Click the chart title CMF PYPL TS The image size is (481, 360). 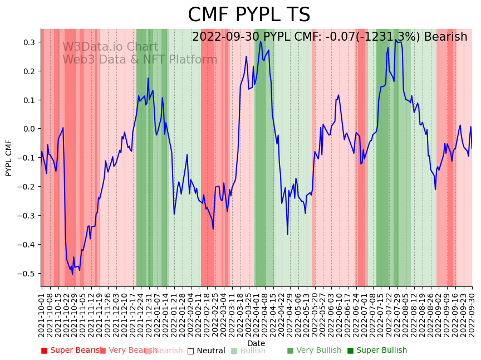249,15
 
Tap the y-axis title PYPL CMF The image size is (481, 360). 9,158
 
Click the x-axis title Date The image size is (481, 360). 256,343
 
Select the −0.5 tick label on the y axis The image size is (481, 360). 27,274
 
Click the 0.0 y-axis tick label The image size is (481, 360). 28,129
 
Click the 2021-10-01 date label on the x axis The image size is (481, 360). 42,313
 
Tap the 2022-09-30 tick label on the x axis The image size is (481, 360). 473,313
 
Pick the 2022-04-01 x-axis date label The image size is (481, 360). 257,313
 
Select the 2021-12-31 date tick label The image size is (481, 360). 149,313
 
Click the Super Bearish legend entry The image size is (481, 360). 71,351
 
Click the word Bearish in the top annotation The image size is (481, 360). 445,37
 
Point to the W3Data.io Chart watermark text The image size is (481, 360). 110,47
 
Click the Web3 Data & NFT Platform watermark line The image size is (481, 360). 140,60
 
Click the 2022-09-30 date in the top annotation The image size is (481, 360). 226,37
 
